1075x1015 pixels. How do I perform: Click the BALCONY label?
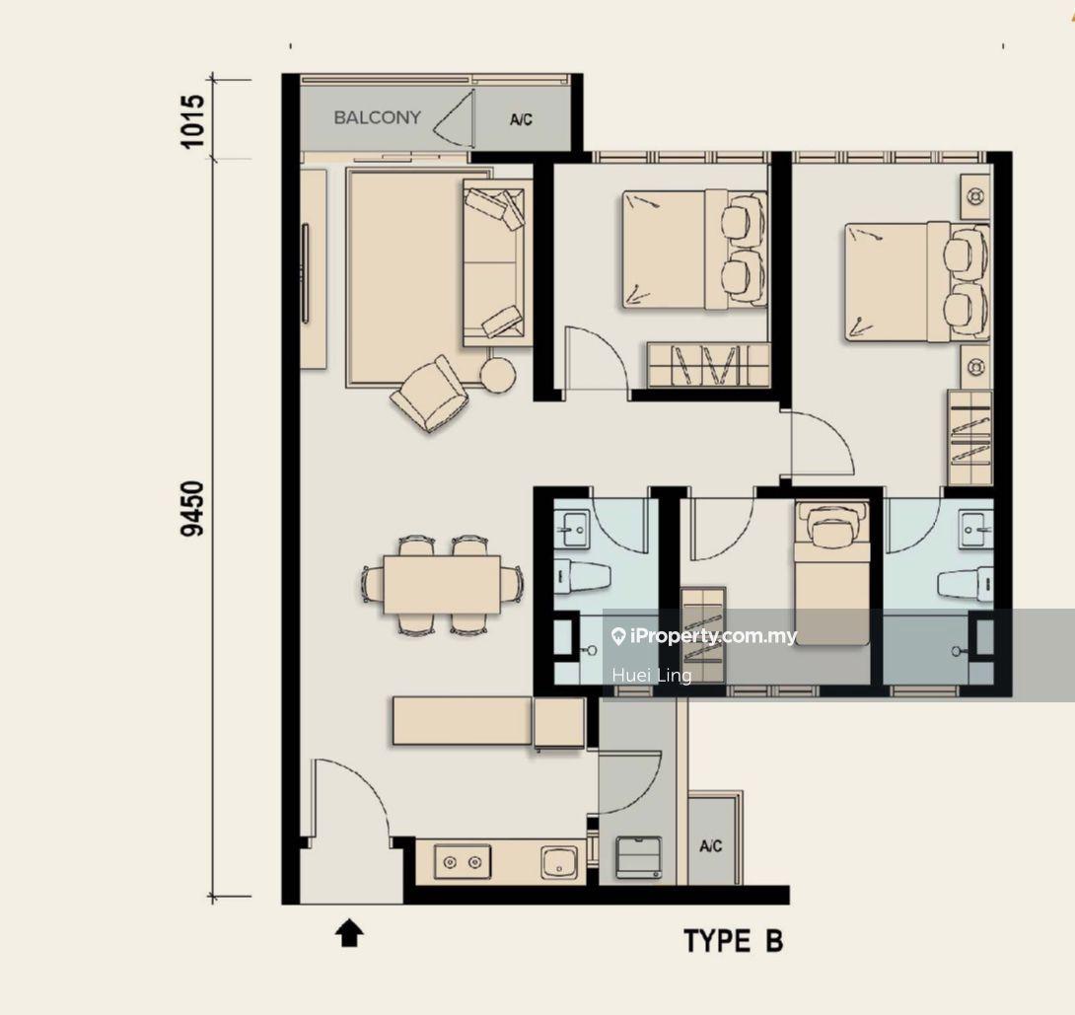tap(377, 117)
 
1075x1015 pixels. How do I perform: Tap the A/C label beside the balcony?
tap(521, 120)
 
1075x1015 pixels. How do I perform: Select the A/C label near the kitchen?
tap(711, 846)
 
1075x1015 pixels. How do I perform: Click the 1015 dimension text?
tap(192, 120)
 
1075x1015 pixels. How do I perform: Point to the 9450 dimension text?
tap(192, 508)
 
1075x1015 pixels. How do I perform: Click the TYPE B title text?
tap(734, 941)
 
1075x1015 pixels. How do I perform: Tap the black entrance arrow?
tap(349, 934)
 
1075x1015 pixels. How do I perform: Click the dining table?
tap(442, 584)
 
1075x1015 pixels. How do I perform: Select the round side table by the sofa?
tap(497, 375)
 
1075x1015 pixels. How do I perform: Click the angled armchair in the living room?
tap(430, 394)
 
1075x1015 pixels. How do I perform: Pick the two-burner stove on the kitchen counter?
tap(463, 861)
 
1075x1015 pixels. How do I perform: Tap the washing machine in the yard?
tap(639, 857)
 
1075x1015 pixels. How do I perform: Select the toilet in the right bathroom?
tap(966, 584)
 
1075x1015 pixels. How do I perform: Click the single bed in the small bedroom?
tap(832, 573)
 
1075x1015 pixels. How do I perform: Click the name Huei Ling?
tap(652, 676)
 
